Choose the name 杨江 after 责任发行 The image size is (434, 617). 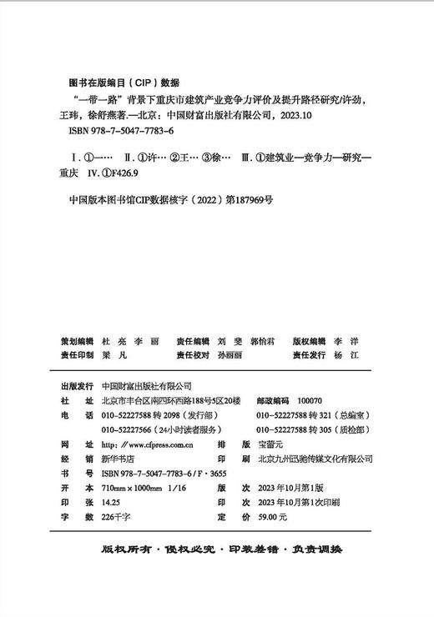357,354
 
